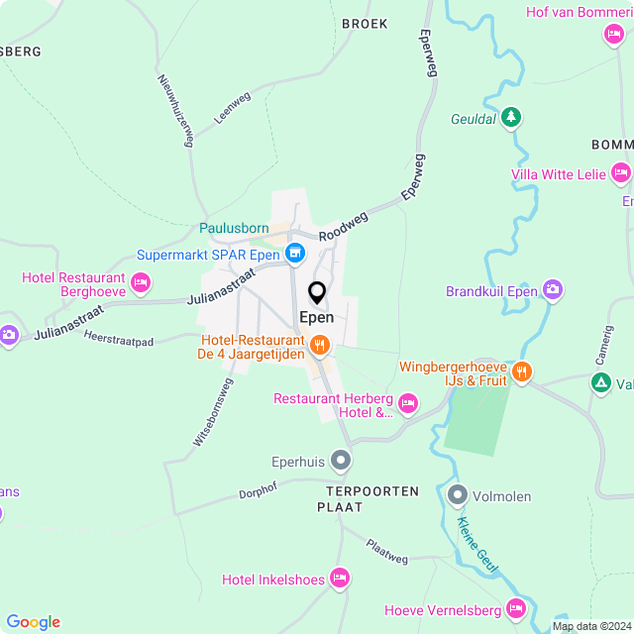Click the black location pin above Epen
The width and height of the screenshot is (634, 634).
pos(317,293)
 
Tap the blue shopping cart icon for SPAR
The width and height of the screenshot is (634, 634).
pos(294,255)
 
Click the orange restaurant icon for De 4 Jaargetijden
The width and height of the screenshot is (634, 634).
pos(319,346)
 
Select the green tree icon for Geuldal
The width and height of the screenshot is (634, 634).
pos(511,118)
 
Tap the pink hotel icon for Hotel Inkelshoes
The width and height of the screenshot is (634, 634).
pos(340,578)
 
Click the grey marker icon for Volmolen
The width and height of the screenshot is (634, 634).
pos(457,494)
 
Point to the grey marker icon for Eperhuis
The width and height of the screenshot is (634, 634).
pos(341,460)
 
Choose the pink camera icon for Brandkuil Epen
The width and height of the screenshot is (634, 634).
pos(552,290)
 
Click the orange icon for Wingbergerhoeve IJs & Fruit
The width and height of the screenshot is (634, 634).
pos(522,372)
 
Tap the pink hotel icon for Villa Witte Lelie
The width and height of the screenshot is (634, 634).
pos(621,173)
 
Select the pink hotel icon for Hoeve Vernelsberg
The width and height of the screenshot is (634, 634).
pos(515,608)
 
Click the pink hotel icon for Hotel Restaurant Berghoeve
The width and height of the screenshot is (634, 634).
pos(141,284)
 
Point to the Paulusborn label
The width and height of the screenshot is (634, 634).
pos(234,228)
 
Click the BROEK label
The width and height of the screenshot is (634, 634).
pos(364,23)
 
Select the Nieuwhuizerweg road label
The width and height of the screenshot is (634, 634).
pos(173,109)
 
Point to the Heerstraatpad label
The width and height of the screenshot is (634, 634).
pos(120,340)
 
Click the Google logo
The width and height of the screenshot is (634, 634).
pos(33,621)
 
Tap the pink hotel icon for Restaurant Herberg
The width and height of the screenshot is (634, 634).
pos(408,402)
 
